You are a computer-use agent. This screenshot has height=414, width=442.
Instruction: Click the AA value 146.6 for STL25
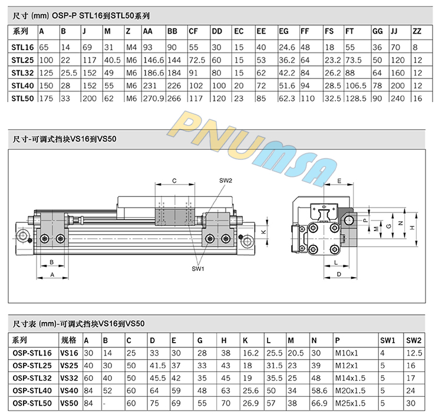pyautogui.click(x=154, y=60)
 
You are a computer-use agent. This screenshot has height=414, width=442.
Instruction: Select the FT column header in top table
pyautogui.click(x=349, y=31)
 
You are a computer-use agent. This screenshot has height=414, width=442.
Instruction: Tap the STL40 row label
pyautogui.click(x=22, y=86)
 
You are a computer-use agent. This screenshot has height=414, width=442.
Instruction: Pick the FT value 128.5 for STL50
pyautogui.click(x=356, y=98)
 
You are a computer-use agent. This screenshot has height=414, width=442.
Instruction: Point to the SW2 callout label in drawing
pyautogui.click(x=226, y=180)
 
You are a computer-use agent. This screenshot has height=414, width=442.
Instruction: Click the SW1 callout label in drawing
pyautogui.click(x=198, y=269)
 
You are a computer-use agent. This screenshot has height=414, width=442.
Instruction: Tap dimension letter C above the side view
pyautogui.click(x=174, y=181)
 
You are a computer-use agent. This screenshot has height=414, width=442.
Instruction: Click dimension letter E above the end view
pyautogui.click(x=339, y=181)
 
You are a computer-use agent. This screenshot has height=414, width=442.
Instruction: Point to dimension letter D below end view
pyautogui.click(x=339, y=274)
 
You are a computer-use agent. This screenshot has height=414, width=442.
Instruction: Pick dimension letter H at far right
pyautogui.click(x=412, y=228)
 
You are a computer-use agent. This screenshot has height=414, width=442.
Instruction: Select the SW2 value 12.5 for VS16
pyautogui.click(x=414, y=353)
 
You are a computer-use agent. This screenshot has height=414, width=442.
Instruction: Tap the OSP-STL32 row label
pyautogui.click(x=32, y=378)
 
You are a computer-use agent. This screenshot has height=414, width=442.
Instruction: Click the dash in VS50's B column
pyautogui.click(x=104, y=403)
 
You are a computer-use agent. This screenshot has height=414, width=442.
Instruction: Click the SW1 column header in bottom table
pyautogui.click(x=388, y=340)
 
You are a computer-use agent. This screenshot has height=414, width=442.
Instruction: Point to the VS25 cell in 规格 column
pyautogui.click(x=69, y=366)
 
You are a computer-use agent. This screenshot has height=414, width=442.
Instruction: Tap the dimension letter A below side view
pyautogui.click(x=52, y=274)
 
